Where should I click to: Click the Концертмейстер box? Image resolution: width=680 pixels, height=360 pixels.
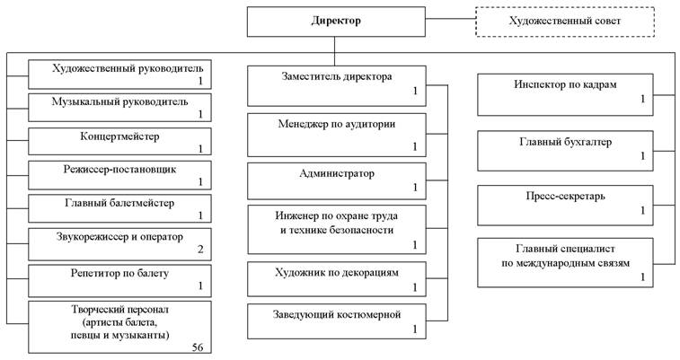[119, 141]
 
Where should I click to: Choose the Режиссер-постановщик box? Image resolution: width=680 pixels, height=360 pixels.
[119, 174]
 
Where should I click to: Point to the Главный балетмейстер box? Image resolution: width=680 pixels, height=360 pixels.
[119, 207]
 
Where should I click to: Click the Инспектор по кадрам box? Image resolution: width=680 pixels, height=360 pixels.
[565, 92]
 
